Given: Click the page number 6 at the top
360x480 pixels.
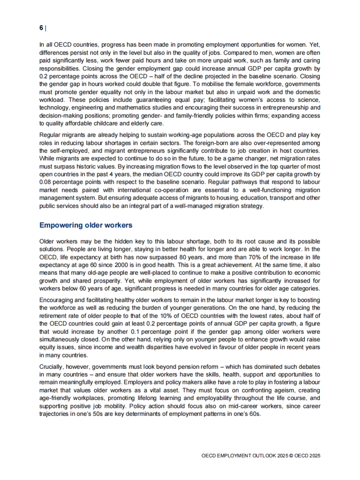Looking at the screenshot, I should click(41, 28).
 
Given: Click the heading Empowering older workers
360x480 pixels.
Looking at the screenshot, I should click(86, 225).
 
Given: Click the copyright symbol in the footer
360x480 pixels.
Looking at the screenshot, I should click(291, 456).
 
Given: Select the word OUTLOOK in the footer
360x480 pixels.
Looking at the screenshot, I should click(264, 456).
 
